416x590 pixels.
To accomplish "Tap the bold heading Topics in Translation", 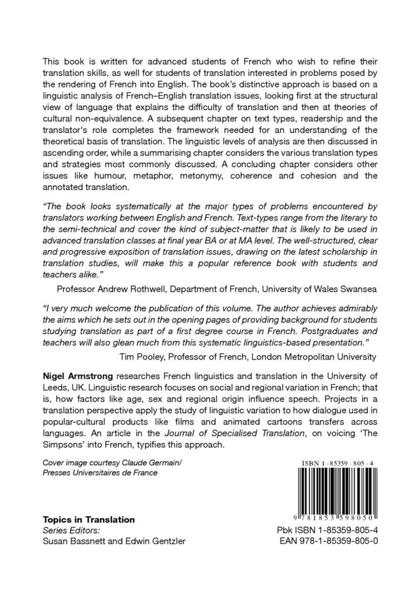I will (89, 519).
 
